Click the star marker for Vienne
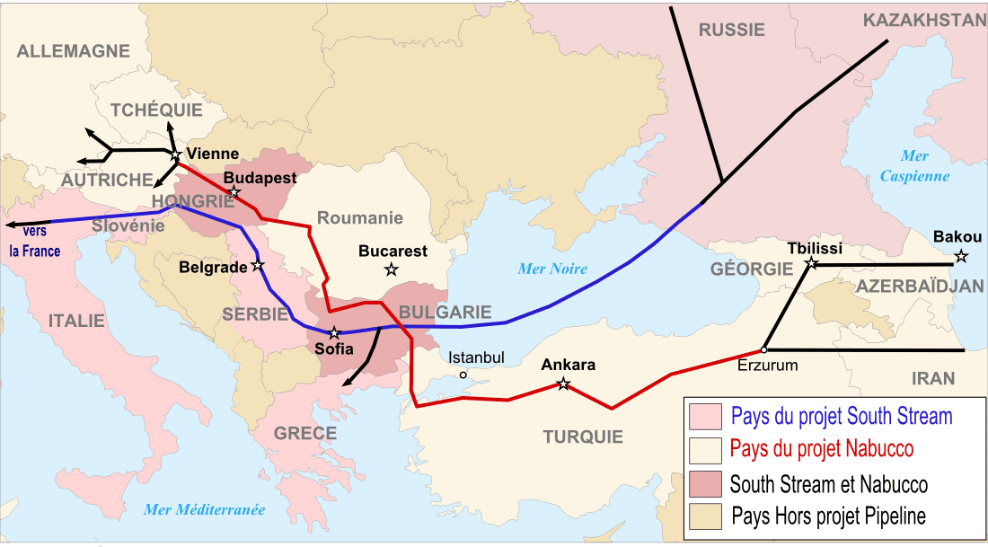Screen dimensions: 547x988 pos(176,156)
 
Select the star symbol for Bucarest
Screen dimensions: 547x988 pos(391,269)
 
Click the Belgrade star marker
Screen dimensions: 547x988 pos(258,265)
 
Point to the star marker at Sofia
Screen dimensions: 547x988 pos(334,333)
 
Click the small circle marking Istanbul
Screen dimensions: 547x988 pos(463,375)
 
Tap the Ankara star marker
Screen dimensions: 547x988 pos(563,384)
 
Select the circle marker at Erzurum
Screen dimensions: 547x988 pos(763,349)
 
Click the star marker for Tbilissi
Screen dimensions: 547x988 pos(811,264)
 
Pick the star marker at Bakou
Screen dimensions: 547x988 pos(961,257)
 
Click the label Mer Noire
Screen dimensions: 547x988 pos(552,269)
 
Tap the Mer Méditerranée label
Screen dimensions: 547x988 pos(205,510)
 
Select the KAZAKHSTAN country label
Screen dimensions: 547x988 pos(924,21)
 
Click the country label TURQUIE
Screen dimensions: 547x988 pos(583,437)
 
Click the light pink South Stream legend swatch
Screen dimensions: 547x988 pos(705,417)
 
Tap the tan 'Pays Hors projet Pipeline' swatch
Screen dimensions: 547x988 pos(705,516)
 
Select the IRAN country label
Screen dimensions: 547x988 pos(933,378)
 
